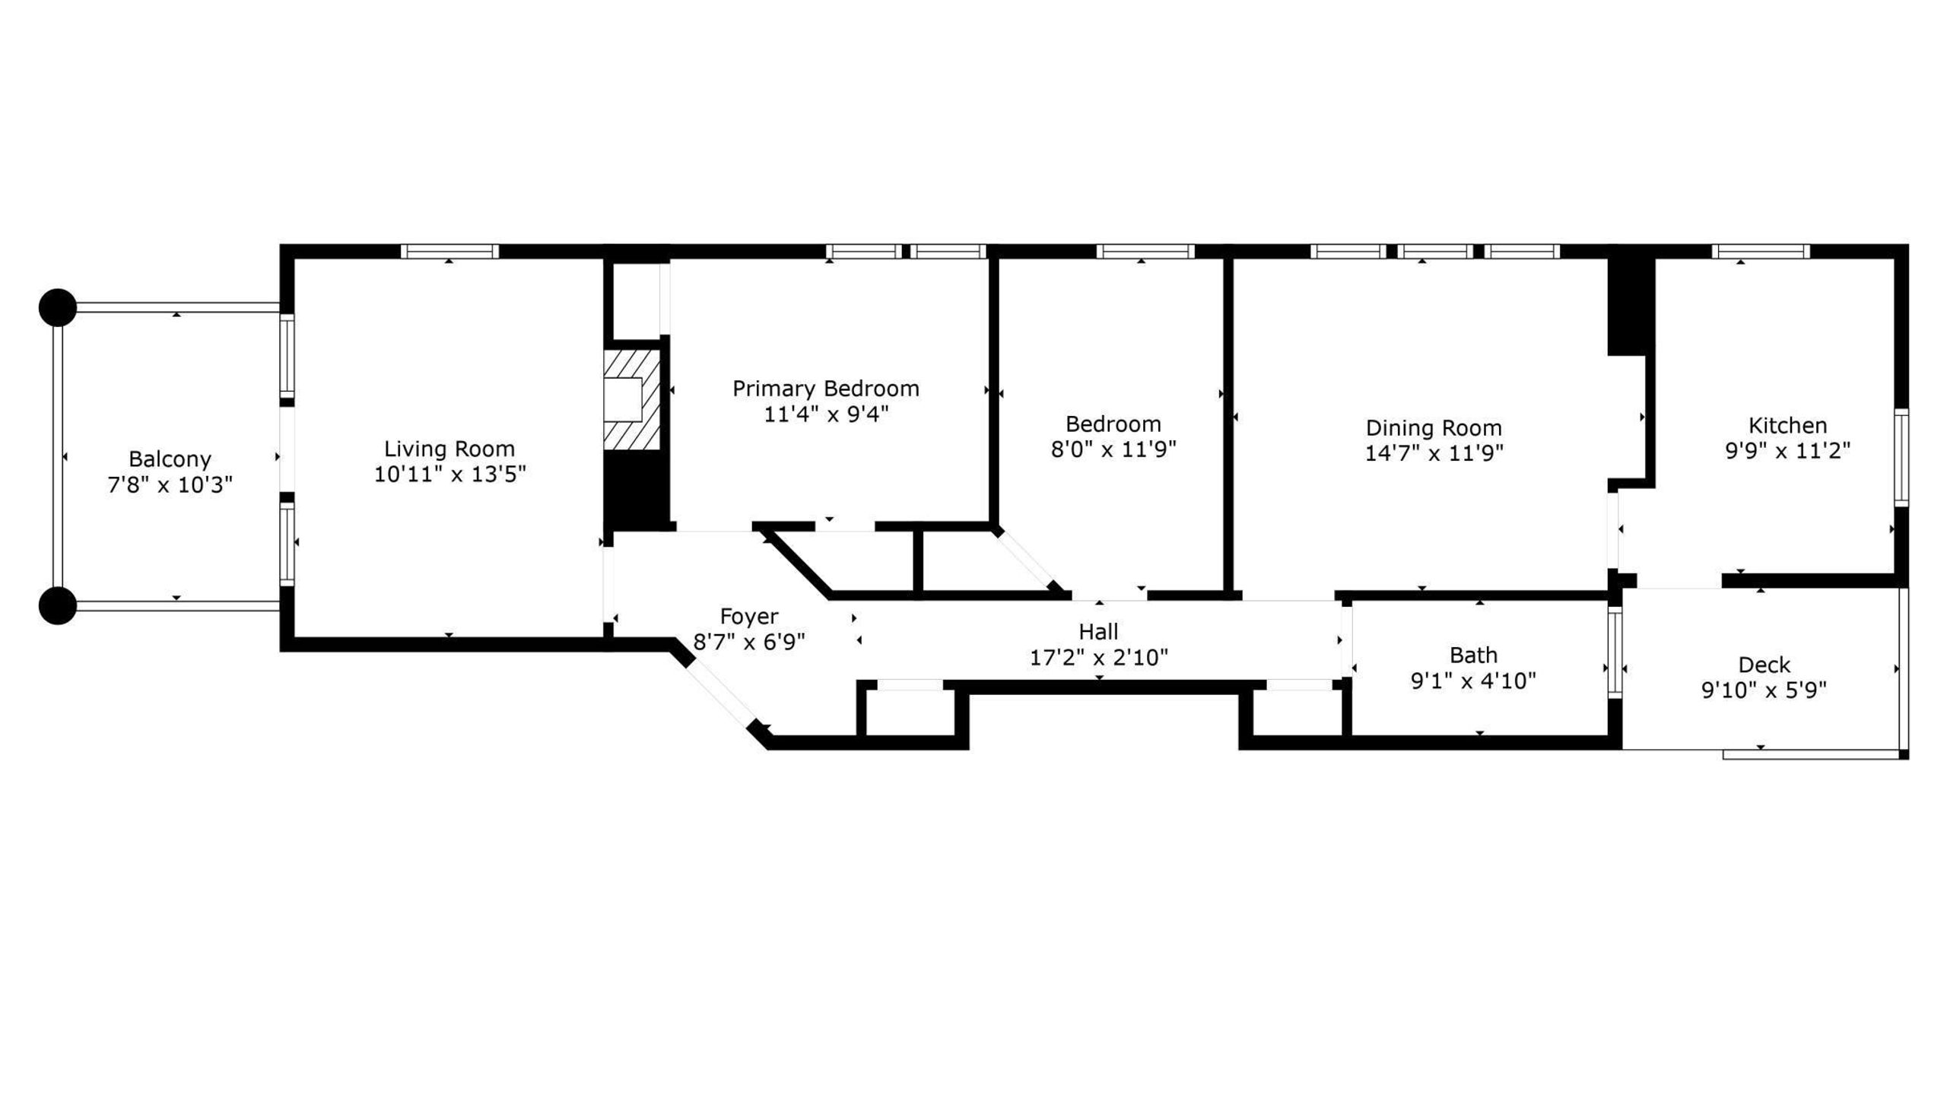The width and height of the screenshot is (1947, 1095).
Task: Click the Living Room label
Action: pos(449,449)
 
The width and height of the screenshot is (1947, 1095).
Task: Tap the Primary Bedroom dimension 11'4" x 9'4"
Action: pos(826,414)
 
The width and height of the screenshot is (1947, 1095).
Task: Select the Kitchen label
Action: pos(1787,425)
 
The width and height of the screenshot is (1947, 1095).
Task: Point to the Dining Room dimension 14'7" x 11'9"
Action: pos(1434,453)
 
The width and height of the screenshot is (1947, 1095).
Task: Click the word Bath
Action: pos(1473,655)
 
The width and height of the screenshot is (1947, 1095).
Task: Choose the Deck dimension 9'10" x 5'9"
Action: pos(1764,690)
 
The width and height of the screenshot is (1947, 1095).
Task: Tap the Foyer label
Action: pos(749,616)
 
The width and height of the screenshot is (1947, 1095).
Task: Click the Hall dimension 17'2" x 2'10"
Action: pos(1098,657)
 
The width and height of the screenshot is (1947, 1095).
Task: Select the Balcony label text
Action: pos(170,459)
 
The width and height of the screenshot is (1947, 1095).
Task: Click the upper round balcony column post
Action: pos(58,308)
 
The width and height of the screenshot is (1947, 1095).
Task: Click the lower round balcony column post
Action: pos(58,606)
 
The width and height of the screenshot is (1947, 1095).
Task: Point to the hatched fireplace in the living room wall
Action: pos(630,400)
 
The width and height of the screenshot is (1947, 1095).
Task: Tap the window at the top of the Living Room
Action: pos(449,252)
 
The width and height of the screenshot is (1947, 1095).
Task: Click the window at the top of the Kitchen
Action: pos(1760,252)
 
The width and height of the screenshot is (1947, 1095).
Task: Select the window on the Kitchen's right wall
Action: pos(1901,458)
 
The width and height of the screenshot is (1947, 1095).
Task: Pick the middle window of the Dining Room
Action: pos(1434,252)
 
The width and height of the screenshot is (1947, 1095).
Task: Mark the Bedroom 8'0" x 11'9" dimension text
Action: pos(1113,449)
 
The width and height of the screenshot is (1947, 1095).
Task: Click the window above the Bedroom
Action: pos(1145,252)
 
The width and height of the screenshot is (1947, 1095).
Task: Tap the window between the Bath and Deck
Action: pos(1615,652)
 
